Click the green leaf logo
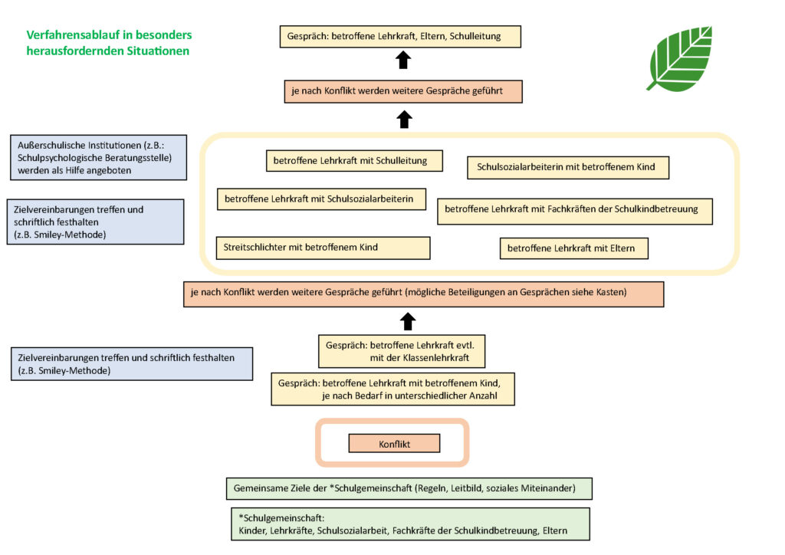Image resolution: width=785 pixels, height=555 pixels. (681, 58)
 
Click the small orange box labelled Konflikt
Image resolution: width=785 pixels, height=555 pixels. (394, 443)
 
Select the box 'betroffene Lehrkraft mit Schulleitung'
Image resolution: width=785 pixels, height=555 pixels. (354, 161)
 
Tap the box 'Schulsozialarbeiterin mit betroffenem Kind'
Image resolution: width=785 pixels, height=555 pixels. (568, 167)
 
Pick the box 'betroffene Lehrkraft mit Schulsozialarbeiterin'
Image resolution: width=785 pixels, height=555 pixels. (321, 199)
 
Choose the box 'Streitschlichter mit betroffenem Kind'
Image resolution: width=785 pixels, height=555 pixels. (323, 248)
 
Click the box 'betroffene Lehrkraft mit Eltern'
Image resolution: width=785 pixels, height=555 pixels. (573, 248)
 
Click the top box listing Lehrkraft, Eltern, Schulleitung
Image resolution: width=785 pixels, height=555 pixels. (400, 37)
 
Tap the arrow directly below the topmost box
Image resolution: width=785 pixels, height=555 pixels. (403, 60)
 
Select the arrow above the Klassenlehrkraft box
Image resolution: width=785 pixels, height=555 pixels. (408, 322)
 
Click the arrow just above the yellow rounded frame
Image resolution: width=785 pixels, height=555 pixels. (405, 120)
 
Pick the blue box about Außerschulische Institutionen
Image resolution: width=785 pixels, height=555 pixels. (99, 158)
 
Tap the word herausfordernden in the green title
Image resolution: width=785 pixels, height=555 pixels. (70, 51)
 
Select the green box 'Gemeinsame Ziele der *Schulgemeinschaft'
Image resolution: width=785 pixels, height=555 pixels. (409, 488)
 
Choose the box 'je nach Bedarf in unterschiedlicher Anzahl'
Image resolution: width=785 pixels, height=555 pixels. (393, 389)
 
